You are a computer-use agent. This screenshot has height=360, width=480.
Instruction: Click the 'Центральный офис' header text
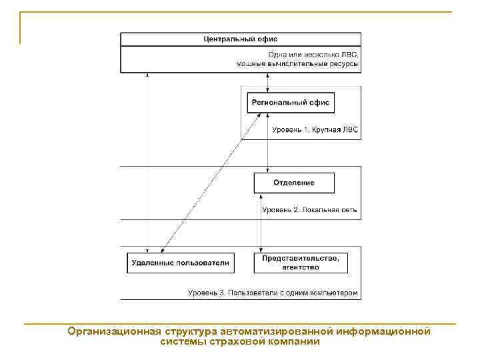[241, 39]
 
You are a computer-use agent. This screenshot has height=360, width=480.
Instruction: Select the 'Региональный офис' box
[291, 103]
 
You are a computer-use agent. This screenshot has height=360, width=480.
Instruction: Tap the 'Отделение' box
[294, 183]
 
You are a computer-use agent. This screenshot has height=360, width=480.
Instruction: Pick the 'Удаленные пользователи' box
[179, 263]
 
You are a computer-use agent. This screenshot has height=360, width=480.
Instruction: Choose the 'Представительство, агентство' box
[300, 263]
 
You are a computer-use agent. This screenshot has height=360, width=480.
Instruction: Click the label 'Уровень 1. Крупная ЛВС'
[315, 130]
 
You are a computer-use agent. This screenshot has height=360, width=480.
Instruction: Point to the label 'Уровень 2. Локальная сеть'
[309, 209]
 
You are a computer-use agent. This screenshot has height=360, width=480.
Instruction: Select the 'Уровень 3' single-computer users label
[273, 293]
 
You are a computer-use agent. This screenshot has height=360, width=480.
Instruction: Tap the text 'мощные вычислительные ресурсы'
[298, 64]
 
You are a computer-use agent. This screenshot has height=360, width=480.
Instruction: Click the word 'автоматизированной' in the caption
[279, 331]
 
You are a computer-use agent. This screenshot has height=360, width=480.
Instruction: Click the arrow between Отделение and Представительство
[261, 223]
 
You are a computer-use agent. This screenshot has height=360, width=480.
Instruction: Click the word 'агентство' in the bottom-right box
[300, 267]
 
